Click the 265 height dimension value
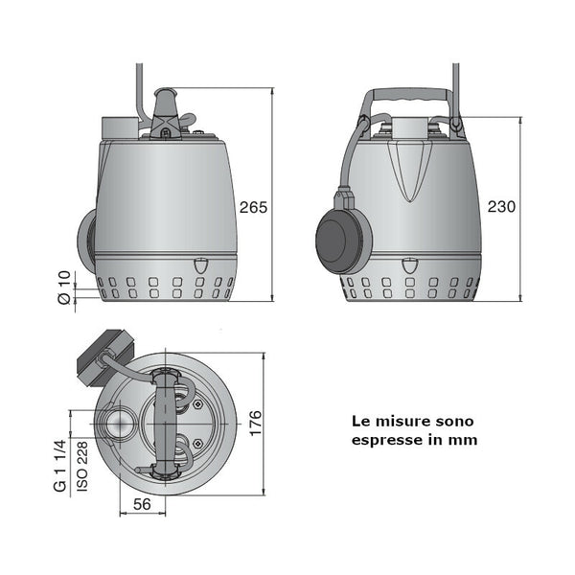point(253,207)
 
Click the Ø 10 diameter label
point(64,287)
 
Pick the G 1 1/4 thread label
point(60,466)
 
